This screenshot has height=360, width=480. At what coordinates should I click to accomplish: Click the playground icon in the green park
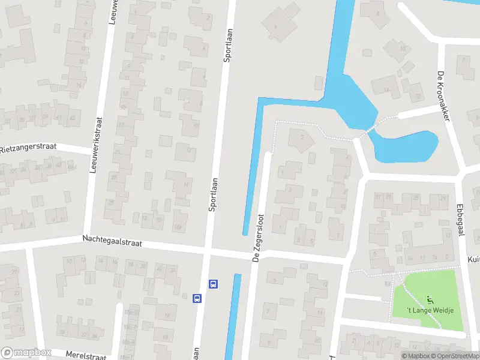point(428,299)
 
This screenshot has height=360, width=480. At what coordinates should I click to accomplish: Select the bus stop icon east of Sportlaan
point(212,284)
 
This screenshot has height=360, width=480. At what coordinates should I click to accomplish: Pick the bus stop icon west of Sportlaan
point(197,298)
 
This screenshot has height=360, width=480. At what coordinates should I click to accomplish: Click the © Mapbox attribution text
point(415,356)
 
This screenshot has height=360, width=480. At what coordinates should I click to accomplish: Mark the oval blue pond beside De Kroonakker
point(405,147)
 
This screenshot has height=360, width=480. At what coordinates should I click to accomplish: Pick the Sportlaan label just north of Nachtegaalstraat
point(213,193)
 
